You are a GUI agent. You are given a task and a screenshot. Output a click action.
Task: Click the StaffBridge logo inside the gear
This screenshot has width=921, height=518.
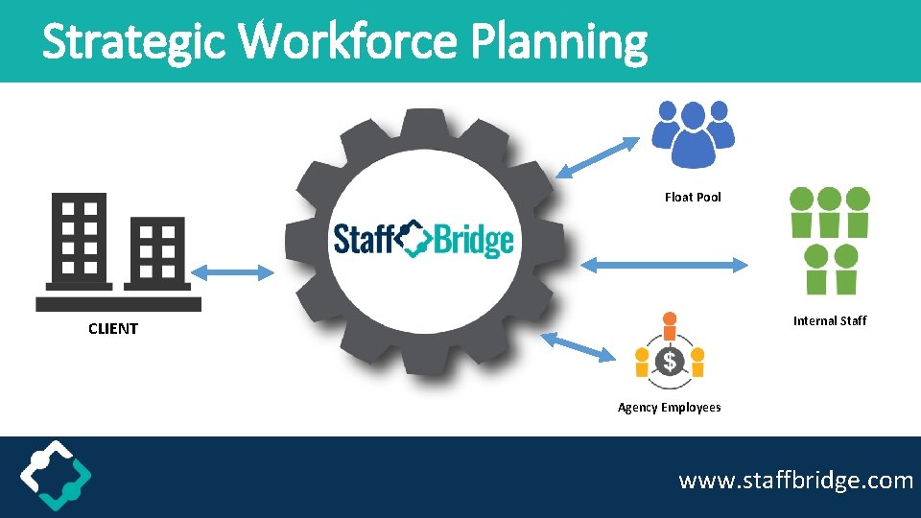423,238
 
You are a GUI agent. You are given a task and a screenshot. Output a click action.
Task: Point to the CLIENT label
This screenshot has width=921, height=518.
113,328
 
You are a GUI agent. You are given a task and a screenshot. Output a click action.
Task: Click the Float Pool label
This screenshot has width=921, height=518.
693,197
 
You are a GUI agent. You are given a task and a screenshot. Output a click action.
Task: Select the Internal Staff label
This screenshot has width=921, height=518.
829,320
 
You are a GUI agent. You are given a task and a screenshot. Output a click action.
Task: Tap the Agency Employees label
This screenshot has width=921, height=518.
669,407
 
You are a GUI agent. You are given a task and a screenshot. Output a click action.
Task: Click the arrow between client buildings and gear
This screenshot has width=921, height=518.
232,272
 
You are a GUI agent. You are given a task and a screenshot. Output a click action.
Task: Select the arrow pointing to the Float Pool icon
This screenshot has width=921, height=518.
597,158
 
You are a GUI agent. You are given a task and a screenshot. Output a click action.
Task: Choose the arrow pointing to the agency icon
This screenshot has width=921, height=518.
578,346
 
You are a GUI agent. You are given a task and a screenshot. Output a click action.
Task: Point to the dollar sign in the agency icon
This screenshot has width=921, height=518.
670,362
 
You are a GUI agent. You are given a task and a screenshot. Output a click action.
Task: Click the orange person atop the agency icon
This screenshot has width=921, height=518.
670,320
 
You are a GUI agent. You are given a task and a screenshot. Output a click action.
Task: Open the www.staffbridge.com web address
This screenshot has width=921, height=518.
795,480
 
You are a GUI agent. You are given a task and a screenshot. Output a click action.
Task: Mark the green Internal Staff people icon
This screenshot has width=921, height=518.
829,240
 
